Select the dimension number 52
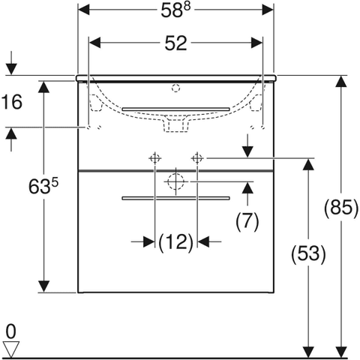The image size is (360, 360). (175, 45)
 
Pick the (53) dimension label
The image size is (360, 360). (307, 253)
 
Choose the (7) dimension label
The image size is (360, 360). (247, 221)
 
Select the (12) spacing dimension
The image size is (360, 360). (175, 241)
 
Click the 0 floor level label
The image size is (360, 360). (10, 330)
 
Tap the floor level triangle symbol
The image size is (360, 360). (10, 347)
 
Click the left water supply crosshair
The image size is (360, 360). (154, 158)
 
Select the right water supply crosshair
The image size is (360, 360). (197, 158)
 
